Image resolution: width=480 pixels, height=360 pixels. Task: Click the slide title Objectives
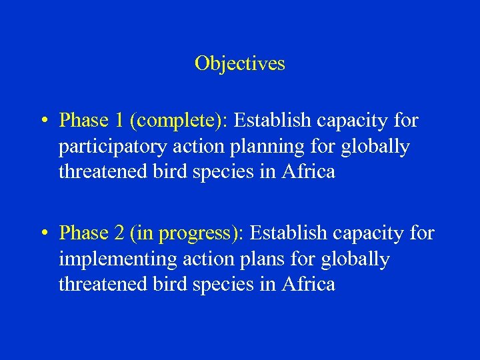(x=239, y=63)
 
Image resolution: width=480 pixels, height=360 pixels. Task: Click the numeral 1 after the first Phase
(x=120, y=121)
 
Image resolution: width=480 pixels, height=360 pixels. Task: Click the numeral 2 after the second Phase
(x=120, y=233)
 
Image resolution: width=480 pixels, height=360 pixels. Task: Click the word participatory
(x=113, y=147)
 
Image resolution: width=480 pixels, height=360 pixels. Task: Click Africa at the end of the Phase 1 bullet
(x=309, y=171)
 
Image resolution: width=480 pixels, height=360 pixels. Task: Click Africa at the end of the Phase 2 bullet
(x=309, y=284)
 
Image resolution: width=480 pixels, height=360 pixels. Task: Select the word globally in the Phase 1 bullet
(x=375, y=147)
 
